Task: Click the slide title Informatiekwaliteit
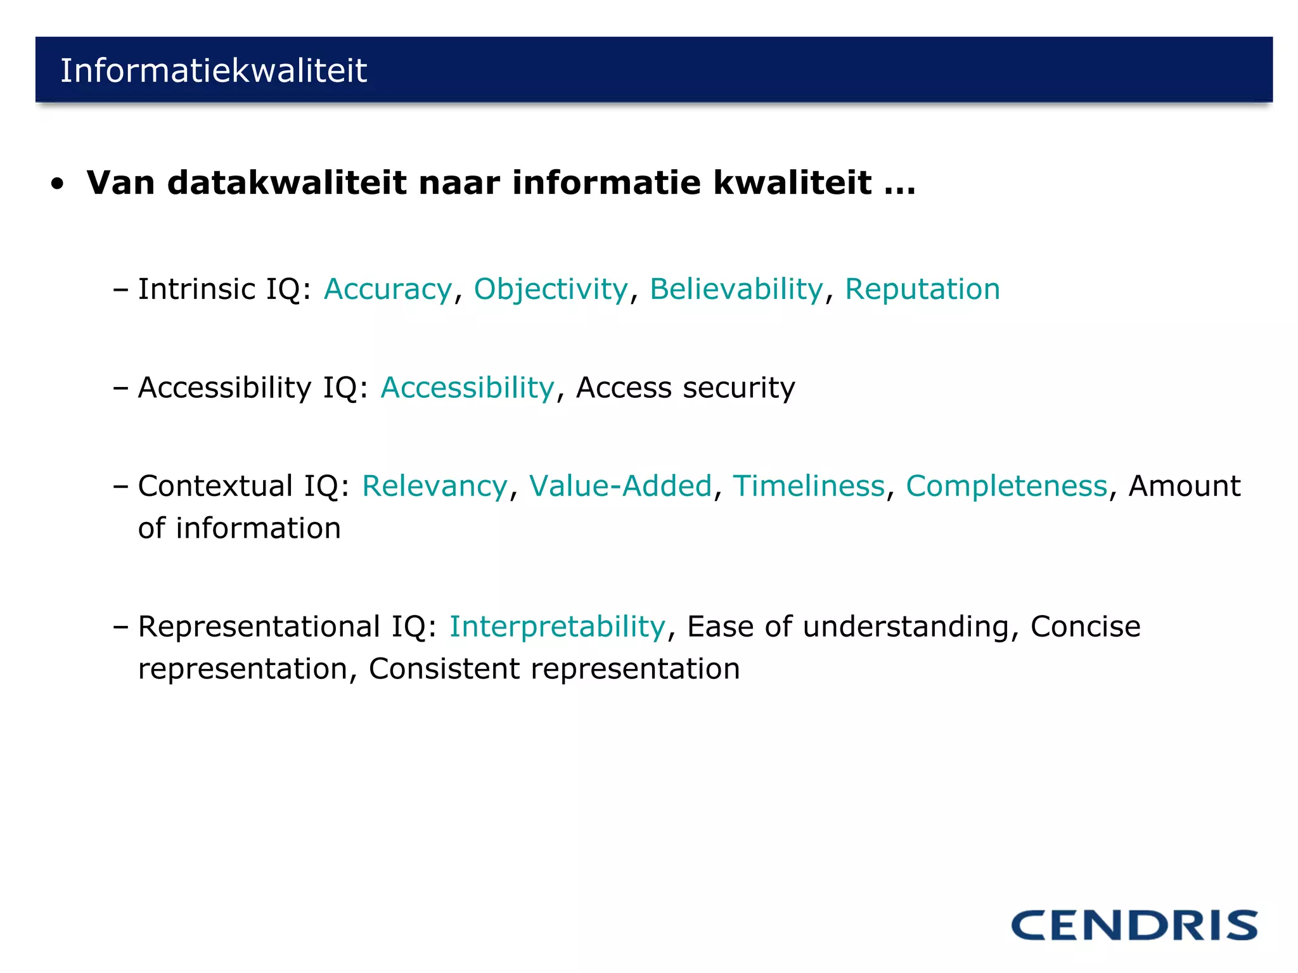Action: pyautogui.click(x=214, y=70)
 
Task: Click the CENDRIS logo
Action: pyautogui.click(x=1134, y=925)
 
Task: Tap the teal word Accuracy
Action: pyautogui.click(x=388, y=289)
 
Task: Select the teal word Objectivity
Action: pyautogui.click(x=551, y=289)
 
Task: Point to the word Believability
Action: pyautogui.click(x=736, y=289)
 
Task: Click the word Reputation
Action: pyautogui.click(x=922, y=289)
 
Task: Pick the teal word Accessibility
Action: pyautogui.click(x=468, y=388)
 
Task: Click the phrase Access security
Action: pyautogui.click(x=685, y=388)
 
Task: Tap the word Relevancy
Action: pyautogui.click(x=435, y=486)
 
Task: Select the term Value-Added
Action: pyautogui.click(x=620, y=486)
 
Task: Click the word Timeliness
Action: pyautogui.click(x=809, y=486)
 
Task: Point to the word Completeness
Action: pyautogui.click(x=1006, y=486)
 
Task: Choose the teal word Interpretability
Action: pyautogui.click(x=558, y=627)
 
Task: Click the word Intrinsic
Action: pyautogui.click(x=196, y=289)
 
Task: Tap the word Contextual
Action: pyautogui.click(x=215, y=486)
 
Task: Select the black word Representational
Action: pyautogui.click(x=258, y=627)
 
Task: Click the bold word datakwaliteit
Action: pyautogui.click(x=286, y=183)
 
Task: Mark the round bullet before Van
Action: pyautogui.click(x=58, y=184)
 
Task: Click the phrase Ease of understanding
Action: pyautogui.click(x=847, y=627)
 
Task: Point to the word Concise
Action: pyautogui.click(x=1085, y=627)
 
